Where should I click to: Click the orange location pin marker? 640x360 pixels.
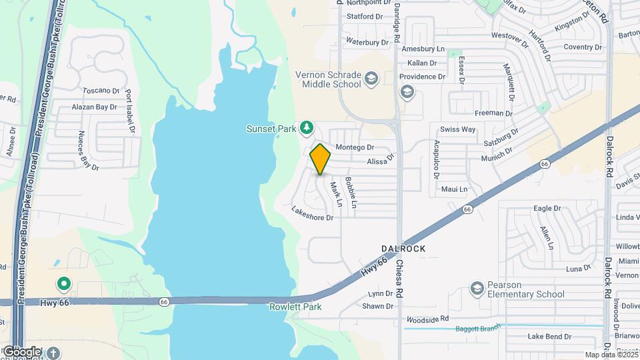pyautogui.click(x=320, y=159)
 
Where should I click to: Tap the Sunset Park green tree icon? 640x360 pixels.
pyautogui.click(x=307, y=127)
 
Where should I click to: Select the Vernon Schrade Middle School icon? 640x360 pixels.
pyautogui.click(x=371, y=81)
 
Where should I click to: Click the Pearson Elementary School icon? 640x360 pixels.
pyautogui.click(x=477, y=288)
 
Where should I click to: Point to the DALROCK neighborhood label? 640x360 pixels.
pyautogui.click(x=403, y=249)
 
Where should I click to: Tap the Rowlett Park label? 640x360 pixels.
pyautogui.click(x=295, y=307)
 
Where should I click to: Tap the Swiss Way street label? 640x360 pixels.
pyautogui.click(x=457, y=129)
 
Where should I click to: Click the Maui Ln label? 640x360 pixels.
pyautogui.click(x=454, y=189)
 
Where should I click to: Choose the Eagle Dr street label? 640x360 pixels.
pyautogui.click(x=547, y=209)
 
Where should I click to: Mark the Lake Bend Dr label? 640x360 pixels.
pyautogui.click(x=549, y=337)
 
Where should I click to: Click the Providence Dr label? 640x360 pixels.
pyautogui.click(x=423, y=77)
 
